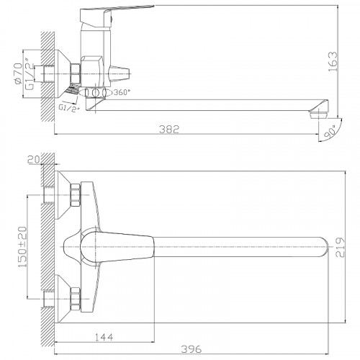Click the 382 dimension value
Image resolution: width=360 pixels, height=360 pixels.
pyautogui.click(x=169, y=129)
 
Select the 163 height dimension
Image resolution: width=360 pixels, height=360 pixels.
pyautogui.click(x=333, y=61)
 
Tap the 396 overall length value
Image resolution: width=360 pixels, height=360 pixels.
pyautogui.click(x=192, y=348)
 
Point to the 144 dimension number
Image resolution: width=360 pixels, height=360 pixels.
pyautogui.click(x=104, y=337)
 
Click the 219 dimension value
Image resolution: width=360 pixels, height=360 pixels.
pyautogui.click(x=340, y=248)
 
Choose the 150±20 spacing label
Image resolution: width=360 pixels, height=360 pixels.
pyautogui.click(x=22, y=247)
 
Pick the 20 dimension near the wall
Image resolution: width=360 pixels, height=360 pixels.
pyautogui.click(x=35, y=159)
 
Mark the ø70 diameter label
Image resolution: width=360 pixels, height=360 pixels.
pyautogui.click(x=18, y=73)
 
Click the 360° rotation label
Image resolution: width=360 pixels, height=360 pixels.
pyautogui.click(x=122, y=92)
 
